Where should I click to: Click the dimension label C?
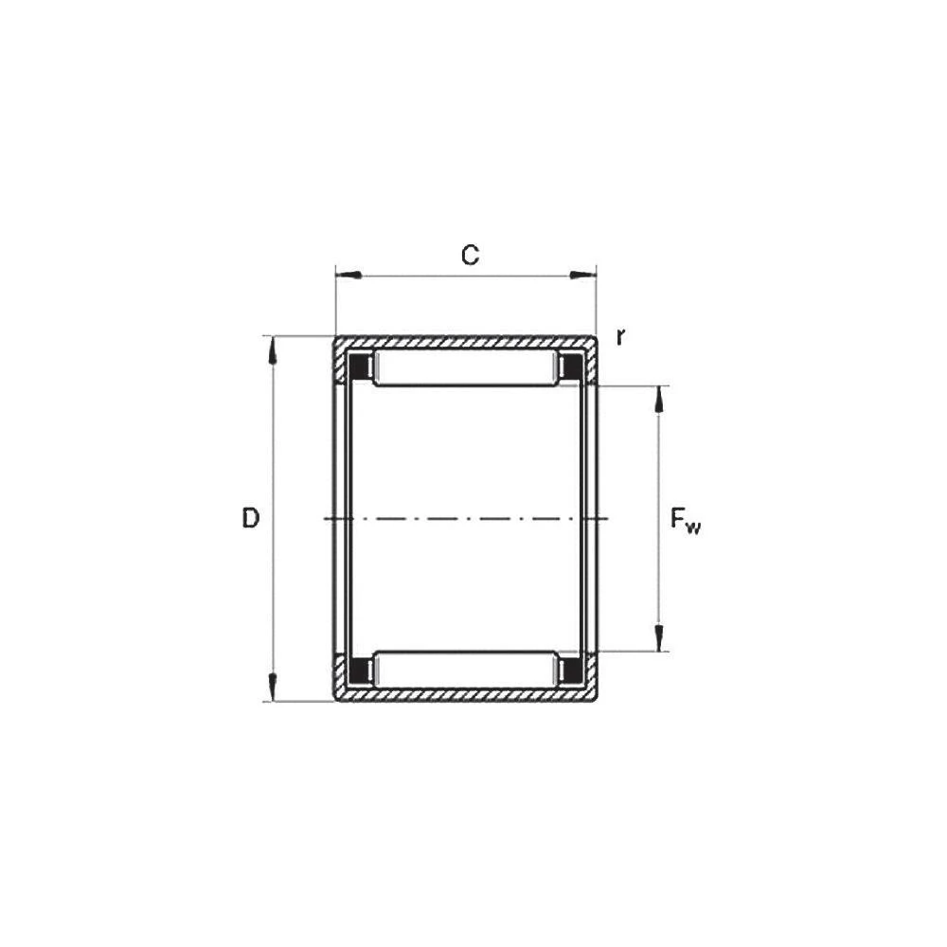[x=470, y=254]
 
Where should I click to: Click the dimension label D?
[x=250, y=518]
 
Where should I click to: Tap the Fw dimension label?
[x=685, y=520]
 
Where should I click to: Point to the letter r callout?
[x=620, y=336]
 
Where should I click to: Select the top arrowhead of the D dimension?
[x=274, y=349]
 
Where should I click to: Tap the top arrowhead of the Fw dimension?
[x=660, y=401]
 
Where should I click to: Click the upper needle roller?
[x=464, y=367]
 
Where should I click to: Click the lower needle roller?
[x=464, y=669]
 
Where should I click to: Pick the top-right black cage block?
[x=571, y=366]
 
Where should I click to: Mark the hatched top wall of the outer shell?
[x=464, y=343]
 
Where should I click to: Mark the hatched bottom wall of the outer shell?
[x=464, y=695]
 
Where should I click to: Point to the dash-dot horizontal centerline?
[x=464, y=518]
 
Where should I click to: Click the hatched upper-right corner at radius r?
[x=591, y=344]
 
